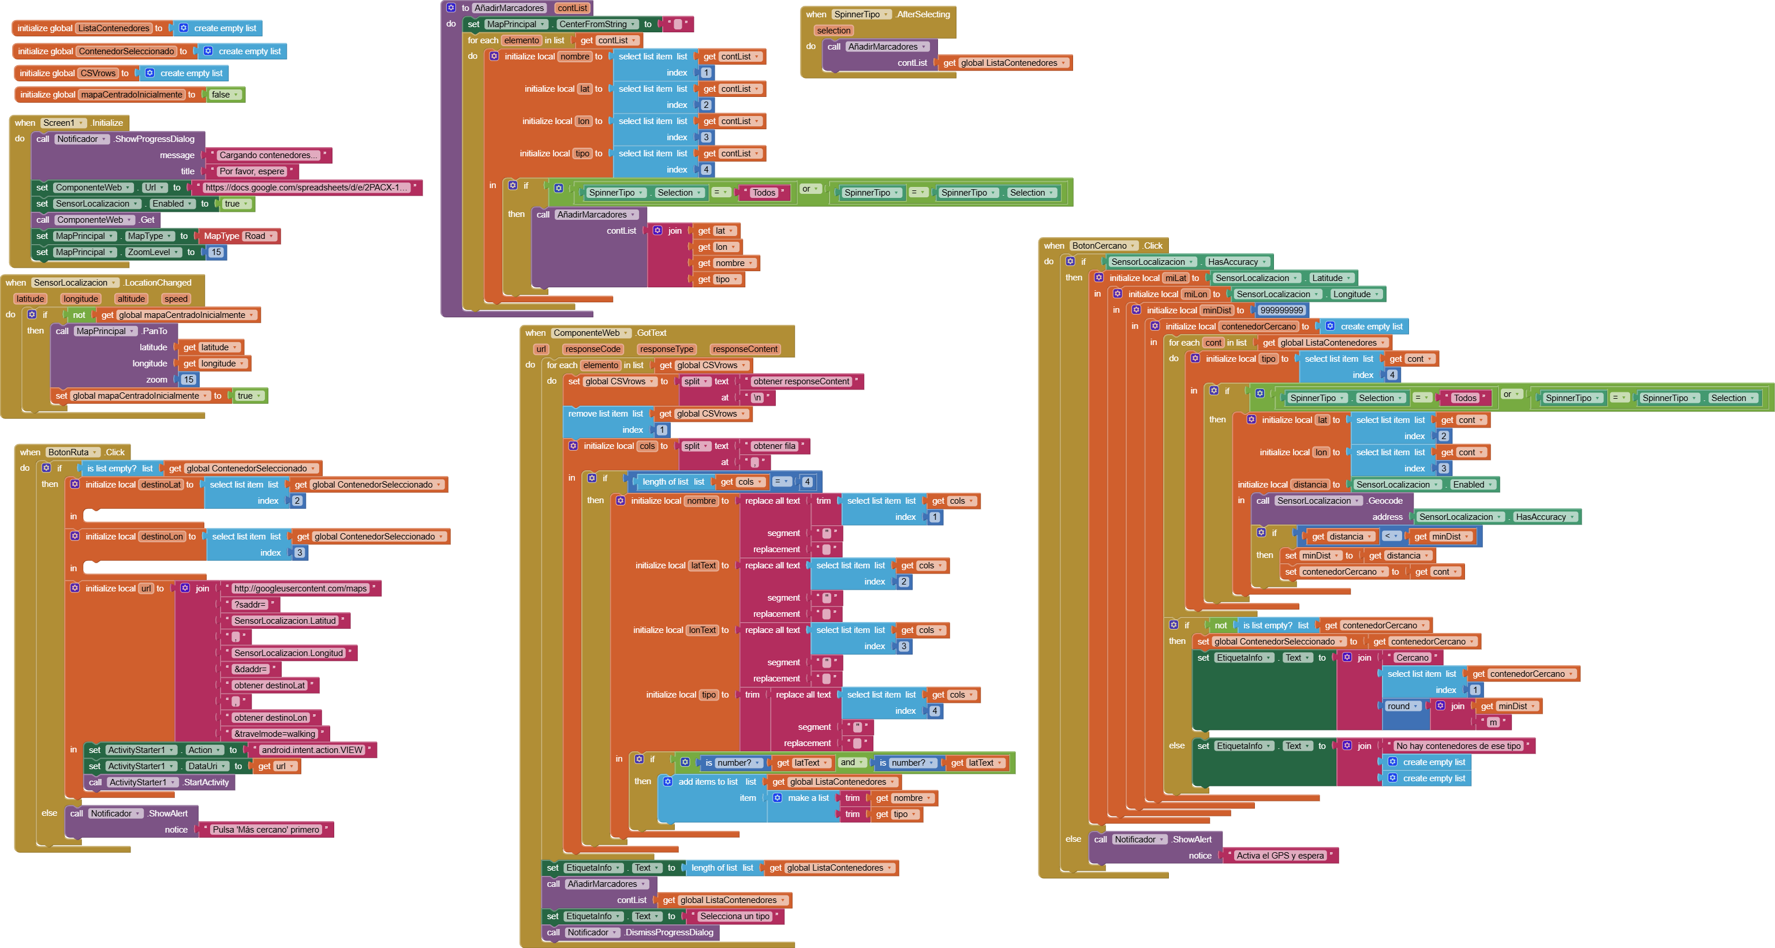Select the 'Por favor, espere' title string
(252, 171)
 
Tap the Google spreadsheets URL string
(306, 188)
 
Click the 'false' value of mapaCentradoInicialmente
(221, 95)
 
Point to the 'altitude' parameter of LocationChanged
(131, 299)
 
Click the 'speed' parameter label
(175, 299)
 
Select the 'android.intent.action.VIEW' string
(312, 750)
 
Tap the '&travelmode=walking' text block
(274, 734)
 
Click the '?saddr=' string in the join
(249, 605)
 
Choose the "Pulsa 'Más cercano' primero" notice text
(266, 830)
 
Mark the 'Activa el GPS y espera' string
(1280, 856)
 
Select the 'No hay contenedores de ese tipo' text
(1458, 746)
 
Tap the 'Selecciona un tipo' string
(734, 916)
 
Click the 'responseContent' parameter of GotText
(745, 349)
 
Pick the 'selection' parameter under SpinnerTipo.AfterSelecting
(833, 31)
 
